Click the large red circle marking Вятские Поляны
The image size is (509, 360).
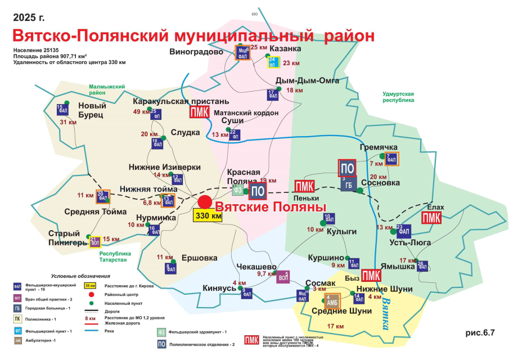tap(205, 202)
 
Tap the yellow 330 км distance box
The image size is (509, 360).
tap(208, 216)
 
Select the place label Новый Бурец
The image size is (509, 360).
tap(91, 110)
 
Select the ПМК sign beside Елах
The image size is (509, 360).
tap(431, 218)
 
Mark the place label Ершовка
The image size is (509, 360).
tap(199, 258)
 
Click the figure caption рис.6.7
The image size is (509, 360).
tap(479, 332)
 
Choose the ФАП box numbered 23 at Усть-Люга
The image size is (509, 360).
tap(404, 231)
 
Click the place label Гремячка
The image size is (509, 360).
tap(379, 147)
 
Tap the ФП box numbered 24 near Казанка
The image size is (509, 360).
tap(273, 62)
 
